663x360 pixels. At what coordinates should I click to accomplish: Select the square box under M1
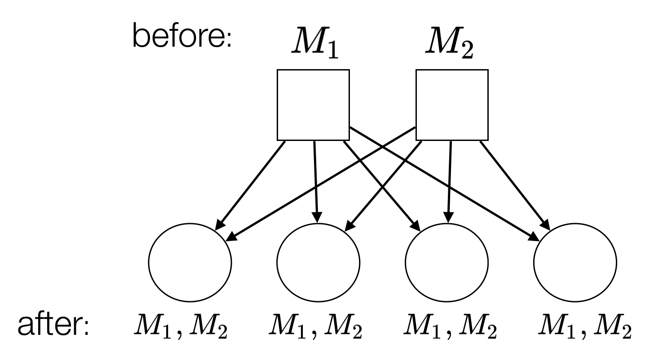point(313,104)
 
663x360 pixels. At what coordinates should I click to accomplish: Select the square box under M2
point(452,104)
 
